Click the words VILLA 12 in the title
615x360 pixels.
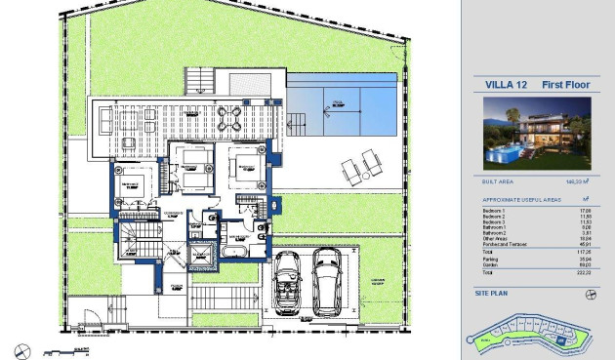pos(504,85)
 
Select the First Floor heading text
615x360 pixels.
pos(559,85)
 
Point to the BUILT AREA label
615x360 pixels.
pos(498,181)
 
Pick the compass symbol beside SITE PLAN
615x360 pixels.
pos(591,294)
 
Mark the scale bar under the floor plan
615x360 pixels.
pos(72,349)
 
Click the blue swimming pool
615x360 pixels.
pos(342,102)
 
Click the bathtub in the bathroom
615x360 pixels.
pos(234,251)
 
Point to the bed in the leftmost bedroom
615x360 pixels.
pos(130,184)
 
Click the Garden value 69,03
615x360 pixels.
pos(587,263)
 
